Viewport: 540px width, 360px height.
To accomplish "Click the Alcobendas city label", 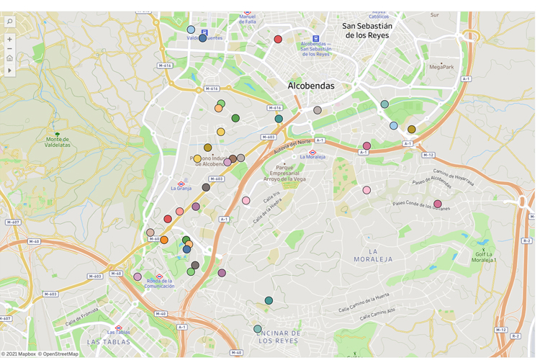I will point(311,86).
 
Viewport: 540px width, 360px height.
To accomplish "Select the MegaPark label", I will point(441,67).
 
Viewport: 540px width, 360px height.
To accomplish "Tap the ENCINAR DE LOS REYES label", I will point(277,336).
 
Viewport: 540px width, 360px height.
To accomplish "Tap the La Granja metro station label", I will point(181,188).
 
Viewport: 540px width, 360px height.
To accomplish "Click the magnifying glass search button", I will point(9,22).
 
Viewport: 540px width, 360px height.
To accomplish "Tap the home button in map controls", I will point(9,58).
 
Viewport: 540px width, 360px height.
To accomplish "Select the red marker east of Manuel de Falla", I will point(278,40).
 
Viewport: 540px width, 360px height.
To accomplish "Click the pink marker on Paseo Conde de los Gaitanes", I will point(437,204).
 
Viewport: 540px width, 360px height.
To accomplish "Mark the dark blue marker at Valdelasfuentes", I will point(202,37).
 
